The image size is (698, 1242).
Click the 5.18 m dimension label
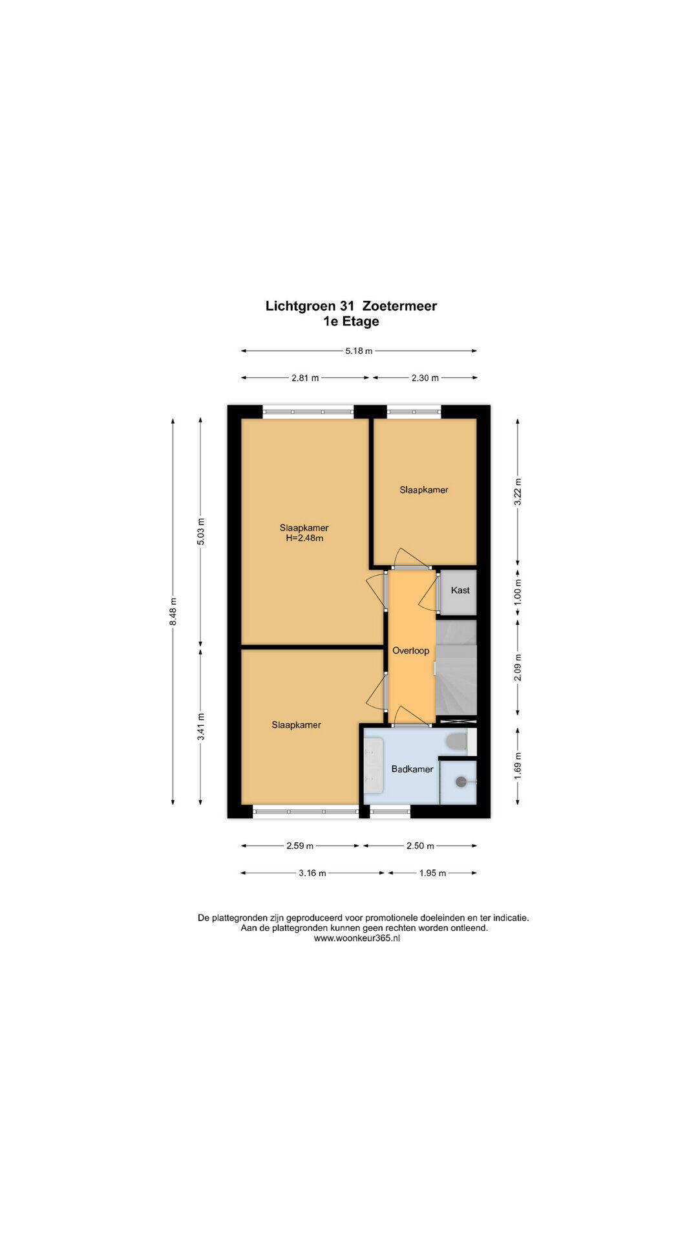click(359, 351)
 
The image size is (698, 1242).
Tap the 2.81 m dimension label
click(306, 378)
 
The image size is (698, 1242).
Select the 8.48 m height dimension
click(173, 611)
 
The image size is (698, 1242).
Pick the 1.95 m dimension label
click(432, 873)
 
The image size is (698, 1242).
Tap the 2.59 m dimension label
click(300, 845)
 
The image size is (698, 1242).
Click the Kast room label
click(460, 591)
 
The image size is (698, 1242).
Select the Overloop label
click(411, 651)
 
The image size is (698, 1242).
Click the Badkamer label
click(412, 769)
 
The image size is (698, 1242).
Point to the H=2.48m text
click(304, 538)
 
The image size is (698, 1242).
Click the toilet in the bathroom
click(458, 741)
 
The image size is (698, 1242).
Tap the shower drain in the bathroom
click(460, 781)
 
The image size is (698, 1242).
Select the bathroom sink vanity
click(374, 767)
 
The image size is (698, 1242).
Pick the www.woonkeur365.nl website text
click(357, 938)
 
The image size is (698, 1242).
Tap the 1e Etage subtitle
click(352, 321)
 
